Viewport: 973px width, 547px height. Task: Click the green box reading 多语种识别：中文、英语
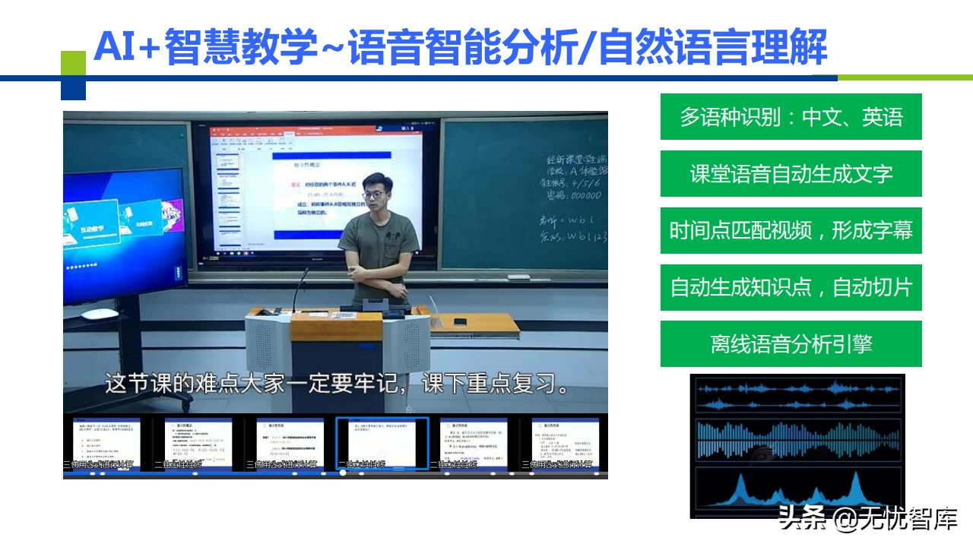791,117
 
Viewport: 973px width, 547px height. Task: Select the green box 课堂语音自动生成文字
791,174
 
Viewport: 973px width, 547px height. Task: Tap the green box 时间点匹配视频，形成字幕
791,230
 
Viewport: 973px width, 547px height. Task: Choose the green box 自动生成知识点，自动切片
791,287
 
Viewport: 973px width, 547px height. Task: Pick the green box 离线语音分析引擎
791,344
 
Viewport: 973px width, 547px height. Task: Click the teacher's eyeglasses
373,194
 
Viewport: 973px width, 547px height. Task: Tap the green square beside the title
73,63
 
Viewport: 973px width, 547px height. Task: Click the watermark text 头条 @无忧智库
867,520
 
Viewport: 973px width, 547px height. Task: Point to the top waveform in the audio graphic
796,388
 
